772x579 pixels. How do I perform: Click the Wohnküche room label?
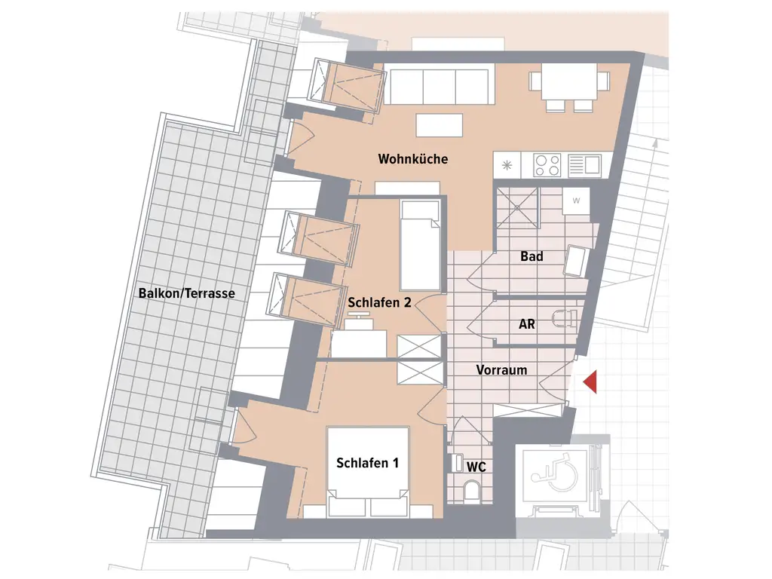coord(413,159)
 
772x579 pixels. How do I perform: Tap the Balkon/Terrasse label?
coord(187,293)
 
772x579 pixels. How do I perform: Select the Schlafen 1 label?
coord(367,463)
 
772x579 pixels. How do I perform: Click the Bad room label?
coord(532,256)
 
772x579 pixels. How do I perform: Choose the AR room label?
coord(527,324)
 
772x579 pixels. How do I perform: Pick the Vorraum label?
coord(501,370)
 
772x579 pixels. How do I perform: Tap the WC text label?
coord(476,467)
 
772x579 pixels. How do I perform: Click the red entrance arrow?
coord(590,382)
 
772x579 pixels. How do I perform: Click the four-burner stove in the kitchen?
coord(547,164)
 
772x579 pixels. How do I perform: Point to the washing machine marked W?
coord(576,201)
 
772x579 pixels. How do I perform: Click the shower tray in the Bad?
coord(516,207)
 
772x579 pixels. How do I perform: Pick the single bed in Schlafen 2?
coord(419,245)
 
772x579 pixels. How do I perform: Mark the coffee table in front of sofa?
coord(439,125)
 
